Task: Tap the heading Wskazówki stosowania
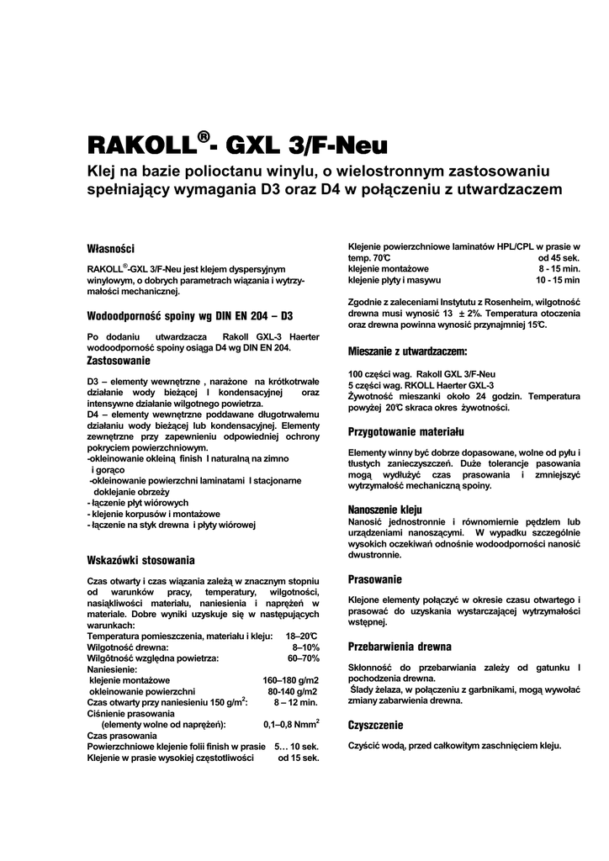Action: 141,559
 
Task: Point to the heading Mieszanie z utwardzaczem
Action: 407,351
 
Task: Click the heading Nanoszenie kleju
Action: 385,510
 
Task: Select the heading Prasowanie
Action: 375,579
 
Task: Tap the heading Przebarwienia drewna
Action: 400,647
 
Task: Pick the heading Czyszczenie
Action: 376,725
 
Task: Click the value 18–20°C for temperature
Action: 302,637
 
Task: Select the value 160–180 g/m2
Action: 291,679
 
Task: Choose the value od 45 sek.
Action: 559,256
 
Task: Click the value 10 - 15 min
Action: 558,279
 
